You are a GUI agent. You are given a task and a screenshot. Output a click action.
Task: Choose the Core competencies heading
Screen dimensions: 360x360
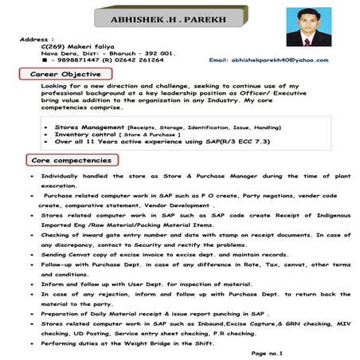point(69,160)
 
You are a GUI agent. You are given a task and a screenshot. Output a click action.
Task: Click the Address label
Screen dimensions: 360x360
point(35,38)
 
